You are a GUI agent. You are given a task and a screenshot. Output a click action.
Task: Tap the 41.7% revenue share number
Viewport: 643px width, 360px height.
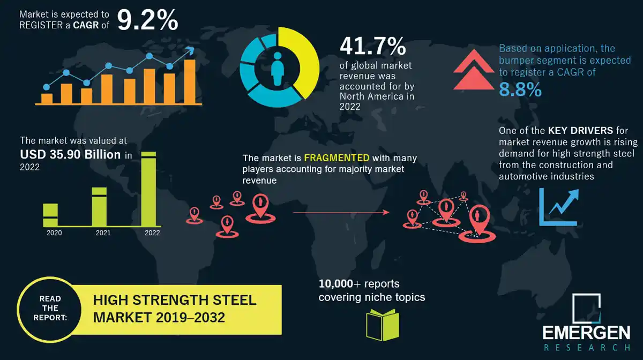(372, 47)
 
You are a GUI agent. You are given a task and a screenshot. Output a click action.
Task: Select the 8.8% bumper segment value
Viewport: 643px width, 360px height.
(520, 89)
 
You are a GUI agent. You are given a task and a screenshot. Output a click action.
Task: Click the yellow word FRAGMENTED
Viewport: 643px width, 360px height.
(337, 158)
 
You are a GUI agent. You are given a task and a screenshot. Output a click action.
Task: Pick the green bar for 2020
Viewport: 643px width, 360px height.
(50, 215)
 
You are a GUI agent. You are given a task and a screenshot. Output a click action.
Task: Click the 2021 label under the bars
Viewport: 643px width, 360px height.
(103, 233)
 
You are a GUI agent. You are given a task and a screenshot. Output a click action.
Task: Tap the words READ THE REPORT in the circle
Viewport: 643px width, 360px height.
(50, 308)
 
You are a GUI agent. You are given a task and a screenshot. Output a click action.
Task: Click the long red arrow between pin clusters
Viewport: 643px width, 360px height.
(341, 213)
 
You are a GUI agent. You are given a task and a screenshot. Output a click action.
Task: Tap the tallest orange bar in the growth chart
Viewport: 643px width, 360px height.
(189, 81)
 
